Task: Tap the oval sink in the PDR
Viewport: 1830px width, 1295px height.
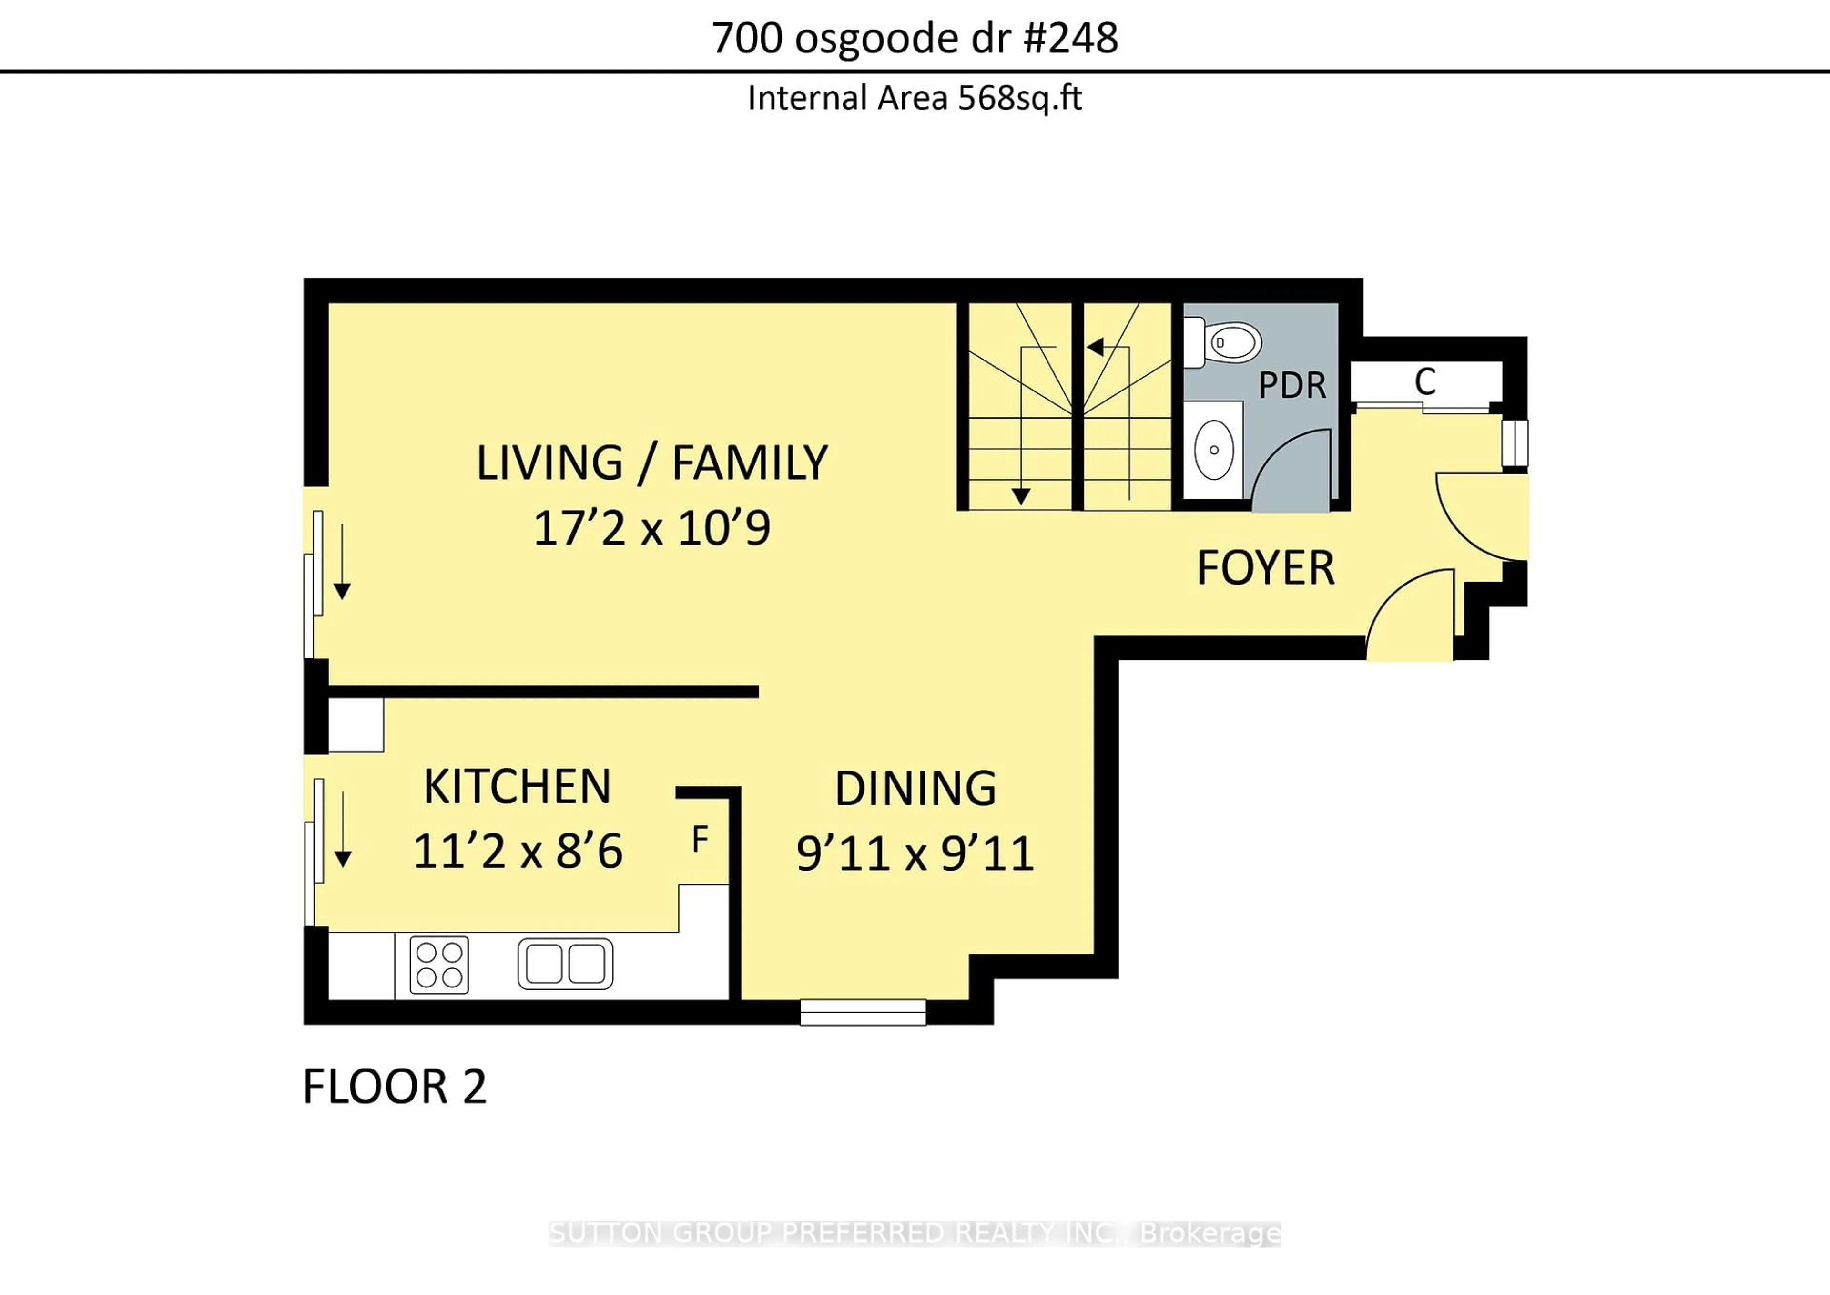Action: tap(1214, 450)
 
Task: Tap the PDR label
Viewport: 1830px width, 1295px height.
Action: tap(1292, 386)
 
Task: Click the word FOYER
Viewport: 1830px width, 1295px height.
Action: tap(1266, 568)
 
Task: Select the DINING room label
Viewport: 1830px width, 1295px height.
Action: tap(915, 788)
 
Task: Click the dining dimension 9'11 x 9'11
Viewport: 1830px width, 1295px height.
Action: tap(915, 853)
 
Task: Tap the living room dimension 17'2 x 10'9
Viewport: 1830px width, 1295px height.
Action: tap(652, 528)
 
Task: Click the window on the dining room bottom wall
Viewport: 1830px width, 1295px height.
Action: tap(863, 1013)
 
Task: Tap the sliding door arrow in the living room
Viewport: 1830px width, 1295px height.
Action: tap(342, 561)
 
